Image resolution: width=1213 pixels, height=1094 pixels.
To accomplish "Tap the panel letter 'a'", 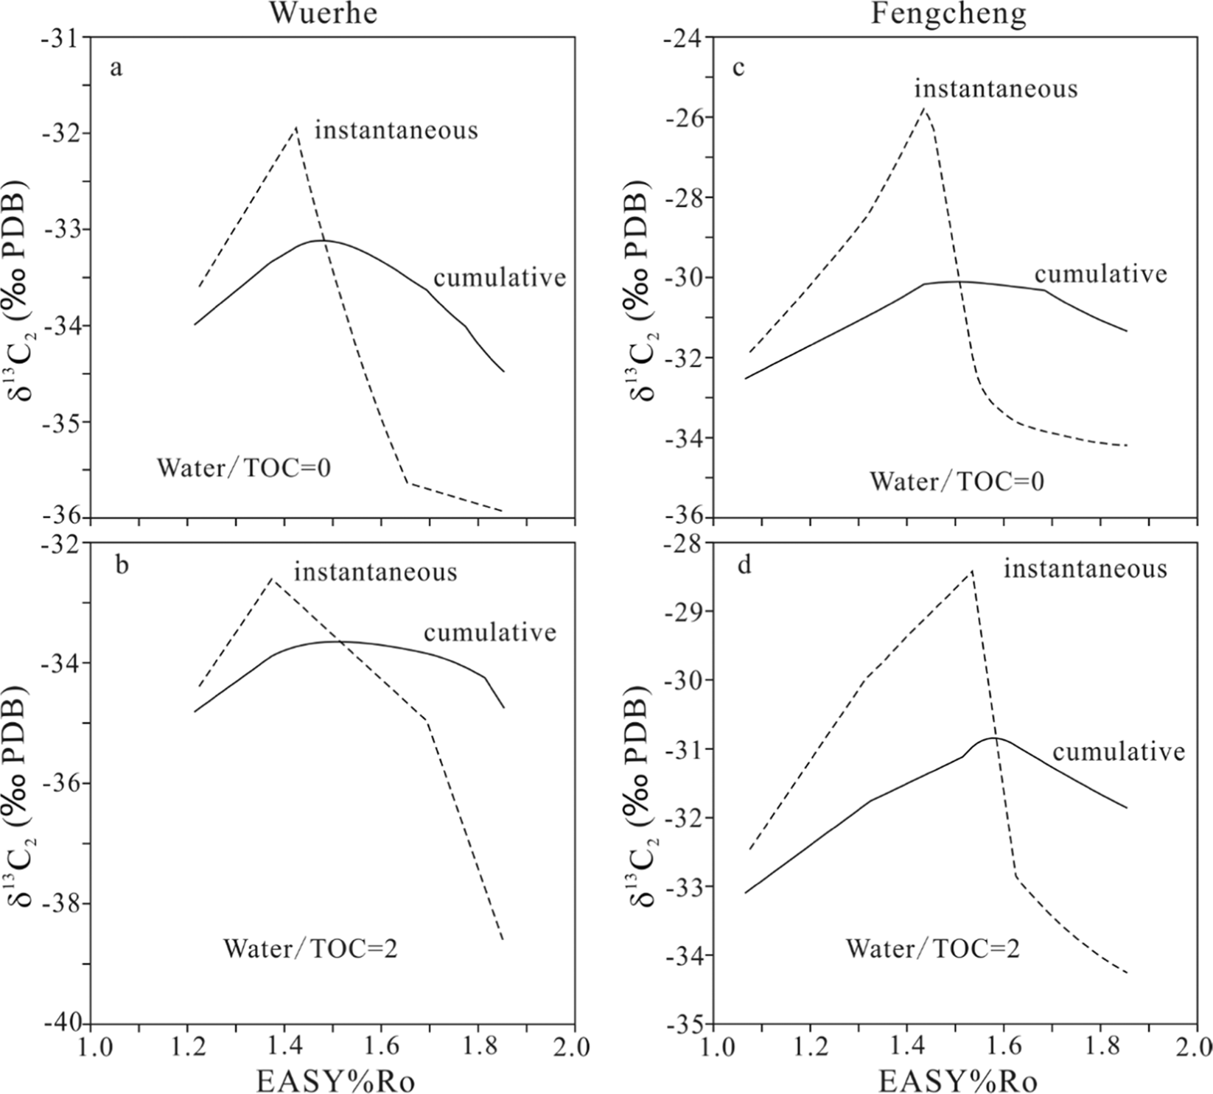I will (x=116, y=69).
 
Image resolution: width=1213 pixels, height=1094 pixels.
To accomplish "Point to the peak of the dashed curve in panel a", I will (x=296, y=128).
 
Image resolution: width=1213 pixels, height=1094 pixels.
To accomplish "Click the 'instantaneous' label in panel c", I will (x=996, y=88).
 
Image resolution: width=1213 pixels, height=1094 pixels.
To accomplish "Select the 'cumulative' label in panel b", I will (x=490, y=632).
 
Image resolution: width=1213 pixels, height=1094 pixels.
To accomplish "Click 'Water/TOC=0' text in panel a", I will (x=244, y=468).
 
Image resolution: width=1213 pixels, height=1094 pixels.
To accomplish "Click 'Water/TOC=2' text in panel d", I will (x=932, y=948).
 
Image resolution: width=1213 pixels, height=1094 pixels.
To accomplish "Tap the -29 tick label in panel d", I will (x=688, y=611).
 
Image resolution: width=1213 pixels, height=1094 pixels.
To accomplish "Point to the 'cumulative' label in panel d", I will (x=1118, y=751).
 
